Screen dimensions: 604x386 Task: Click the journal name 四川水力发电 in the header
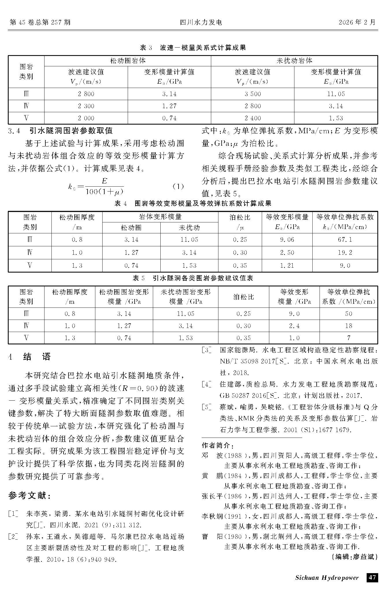click(x=201, y=22)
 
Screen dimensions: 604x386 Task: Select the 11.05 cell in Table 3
click(x=336, y=94)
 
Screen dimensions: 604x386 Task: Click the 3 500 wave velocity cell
click(x=253, y=94)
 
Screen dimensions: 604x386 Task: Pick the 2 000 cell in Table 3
click(x=86, y=118)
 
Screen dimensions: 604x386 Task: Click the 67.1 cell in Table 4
click(x=345, y=240)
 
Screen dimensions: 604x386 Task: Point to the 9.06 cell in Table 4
click(x=287, y=240)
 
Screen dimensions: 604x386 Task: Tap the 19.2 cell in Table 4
click(x=345, y=253)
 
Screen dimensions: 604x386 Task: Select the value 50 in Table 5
click(x=348, y=314)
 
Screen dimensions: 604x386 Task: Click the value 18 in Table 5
click(x=348, y=326)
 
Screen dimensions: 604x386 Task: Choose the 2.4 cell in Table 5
click(x=294, y=326)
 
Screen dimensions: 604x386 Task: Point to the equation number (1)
click(x=178, y=186)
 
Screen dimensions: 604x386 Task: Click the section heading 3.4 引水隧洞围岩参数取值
click(x=60, y=131)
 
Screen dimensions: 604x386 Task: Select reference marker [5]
click(x=207, y=407)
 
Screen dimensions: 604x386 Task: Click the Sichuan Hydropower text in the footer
click(x=327, y=578)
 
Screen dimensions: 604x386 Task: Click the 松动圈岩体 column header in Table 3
click(x=128, y=61)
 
